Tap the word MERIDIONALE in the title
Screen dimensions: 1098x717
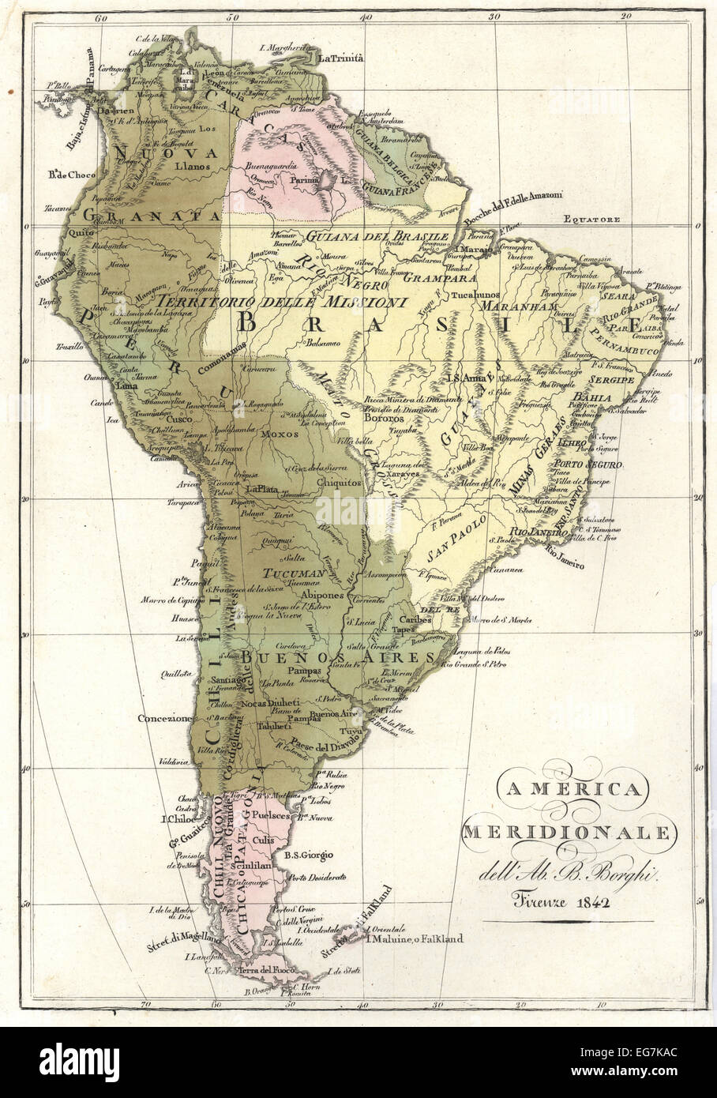568,833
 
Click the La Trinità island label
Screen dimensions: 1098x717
340,58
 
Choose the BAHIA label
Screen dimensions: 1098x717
592,397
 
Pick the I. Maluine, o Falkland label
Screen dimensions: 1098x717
414,938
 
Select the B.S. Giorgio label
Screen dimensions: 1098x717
308,855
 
